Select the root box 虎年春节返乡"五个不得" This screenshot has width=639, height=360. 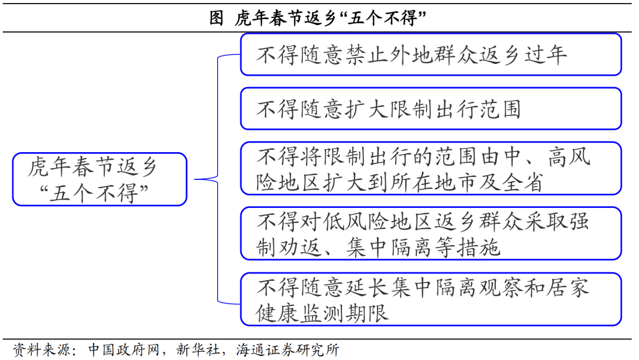point(99,179)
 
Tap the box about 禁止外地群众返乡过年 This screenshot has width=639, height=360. point(431,54)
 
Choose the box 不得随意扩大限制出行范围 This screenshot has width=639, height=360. point(431,109)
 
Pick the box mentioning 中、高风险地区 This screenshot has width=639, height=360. point(431,168)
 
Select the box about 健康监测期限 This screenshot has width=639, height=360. point(431,299)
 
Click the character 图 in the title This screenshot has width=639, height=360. point(217,18)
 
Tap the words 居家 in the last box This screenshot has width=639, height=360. point(569,288)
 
